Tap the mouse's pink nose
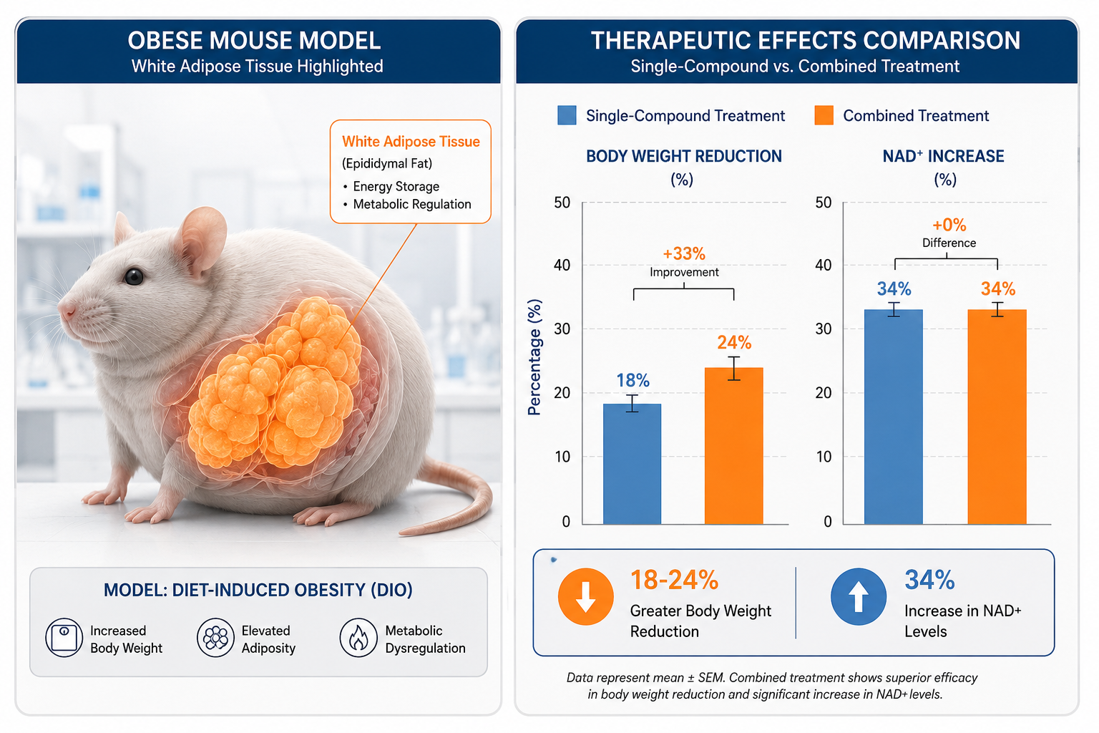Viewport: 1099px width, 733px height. tap(66, 309)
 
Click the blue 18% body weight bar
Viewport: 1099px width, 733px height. tap(632, 464)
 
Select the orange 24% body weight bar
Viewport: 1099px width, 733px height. tap(733, 446)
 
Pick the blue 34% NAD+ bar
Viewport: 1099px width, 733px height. tap(894, 417)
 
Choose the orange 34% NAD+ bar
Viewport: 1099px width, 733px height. tap(997, 417)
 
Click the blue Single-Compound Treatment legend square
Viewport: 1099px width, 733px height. tap(567, 115)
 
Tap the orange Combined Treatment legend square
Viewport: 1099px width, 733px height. tap(824, 115)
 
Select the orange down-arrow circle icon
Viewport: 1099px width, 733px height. tap(585, 596)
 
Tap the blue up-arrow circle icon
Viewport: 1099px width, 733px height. tap(858, 596)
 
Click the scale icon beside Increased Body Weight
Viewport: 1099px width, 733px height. tap(64, 638)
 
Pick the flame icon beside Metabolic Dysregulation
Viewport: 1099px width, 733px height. tap(358, 638)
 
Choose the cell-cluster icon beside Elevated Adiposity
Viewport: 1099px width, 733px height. tap(215, 638)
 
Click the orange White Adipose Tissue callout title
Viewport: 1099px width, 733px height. tap(411, 142)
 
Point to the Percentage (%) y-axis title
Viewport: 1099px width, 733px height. tap(534, 357)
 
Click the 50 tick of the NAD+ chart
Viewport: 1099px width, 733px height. tap(824, 203)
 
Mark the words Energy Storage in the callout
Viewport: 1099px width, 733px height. tap(396, 187)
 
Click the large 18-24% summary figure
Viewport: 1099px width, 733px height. tap(674, 580)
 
